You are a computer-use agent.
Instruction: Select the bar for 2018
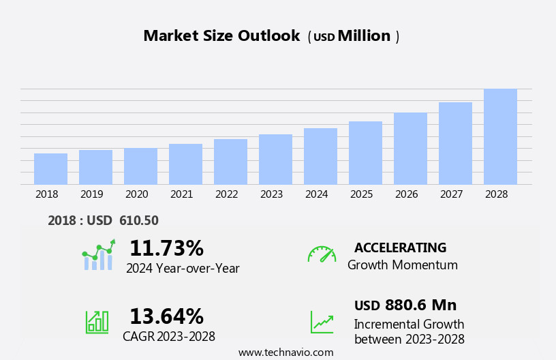pos(50,169)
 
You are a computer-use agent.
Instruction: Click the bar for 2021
pos(185,164)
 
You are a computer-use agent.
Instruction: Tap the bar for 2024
pos(320,156)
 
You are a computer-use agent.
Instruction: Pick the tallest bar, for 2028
pos(500,136)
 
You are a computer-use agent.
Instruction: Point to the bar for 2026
pos(410,149)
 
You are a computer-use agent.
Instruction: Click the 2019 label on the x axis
pos(91,194)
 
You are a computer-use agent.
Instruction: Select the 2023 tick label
pos(271,194)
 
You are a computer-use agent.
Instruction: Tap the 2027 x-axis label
pos(451,194)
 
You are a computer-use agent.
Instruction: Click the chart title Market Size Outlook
pos(221,36)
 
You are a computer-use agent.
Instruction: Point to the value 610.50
pos(138,221)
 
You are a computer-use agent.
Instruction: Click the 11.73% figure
pos(166,248)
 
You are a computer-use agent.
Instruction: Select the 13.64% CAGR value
pos(166,316)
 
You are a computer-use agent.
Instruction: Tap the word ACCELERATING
pos(400,247)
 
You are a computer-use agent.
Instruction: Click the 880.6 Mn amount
pos(420,305)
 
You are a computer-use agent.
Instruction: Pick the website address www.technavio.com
pos(285,352)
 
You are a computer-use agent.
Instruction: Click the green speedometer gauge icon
pos(322,254)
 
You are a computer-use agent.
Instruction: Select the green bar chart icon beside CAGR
pos(97,321)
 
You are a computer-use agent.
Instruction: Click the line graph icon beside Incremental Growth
pos(322,322)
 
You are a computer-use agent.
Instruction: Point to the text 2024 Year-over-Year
pos(183,269)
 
